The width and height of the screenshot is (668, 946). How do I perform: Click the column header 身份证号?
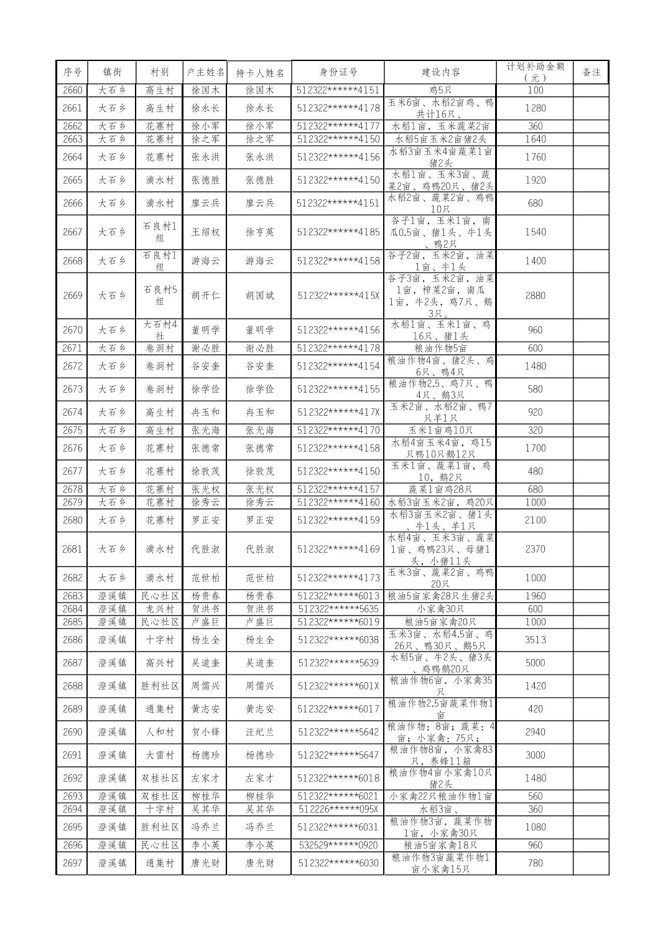coord(338,72)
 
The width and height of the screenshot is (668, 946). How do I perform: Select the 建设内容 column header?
coord(440,72)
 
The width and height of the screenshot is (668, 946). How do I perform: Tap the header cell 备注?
coord(591,72)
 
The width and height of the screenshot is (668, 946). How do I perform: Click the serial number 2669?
coord(72,296)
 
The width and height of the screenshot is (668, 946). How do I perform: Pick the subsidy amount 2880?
coord(535,296)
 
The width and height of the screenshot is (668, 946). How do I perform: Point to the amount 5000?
coord(535,663)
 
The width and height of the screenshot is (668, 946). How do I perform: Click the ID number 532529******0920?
coord(338,845)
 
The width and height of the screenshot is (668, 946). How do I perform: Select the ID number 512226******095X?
coord(338,809)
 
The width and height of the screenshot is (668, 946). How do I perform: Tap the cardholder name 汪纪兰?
coord(259,733)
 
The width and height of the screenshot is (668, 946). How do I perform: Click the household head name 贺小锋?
coord(205,733)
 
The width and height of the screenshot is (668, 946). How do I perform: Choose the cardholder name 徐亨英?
coord(259,232)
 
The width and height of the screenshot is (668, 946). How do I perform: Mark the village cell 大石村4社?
coord(160,330)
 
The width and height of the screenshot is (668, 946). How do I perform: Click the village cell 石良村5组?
coord(160,296)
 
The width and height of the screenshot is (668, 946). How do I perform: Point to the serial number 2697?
coord(72,863)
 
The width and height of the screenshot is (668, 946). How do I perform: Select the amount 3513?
coord(535,640)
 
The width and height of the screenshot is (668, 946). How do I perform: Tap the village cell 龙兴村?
coord(160,609)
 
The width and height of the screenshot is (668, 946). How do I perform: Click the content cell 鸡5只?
coord(440,90)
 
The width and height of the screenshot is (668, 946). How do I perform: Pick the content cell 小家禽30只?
coord(440,609)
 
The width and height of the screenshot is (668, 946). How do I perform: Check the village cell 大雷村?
coord(160,756)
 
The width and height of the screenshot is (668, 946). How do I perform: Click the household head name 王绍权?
coord(205,232)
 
